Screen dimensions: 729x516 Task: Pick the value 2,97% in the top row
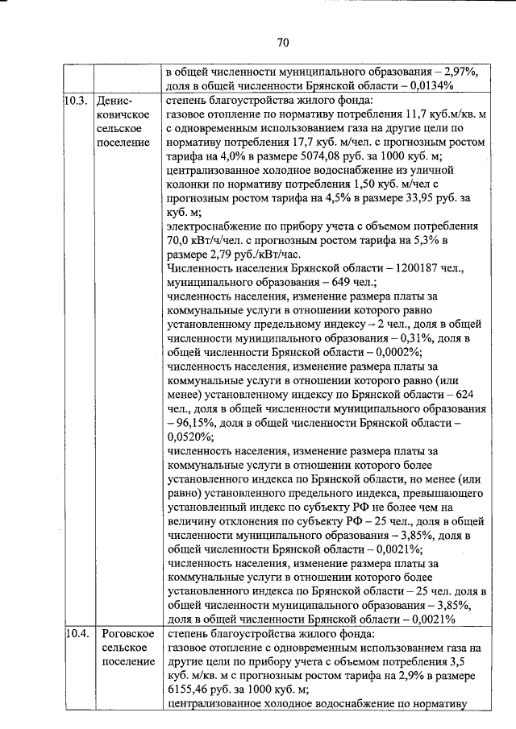tap(453, 71)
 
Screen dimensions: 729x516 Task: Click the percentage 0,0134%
tap(428, 85)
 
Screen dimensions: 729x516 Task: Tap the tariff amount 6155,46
tap(193, 690)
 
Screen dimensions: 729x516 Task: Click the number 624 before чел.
tap(469, 398)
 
